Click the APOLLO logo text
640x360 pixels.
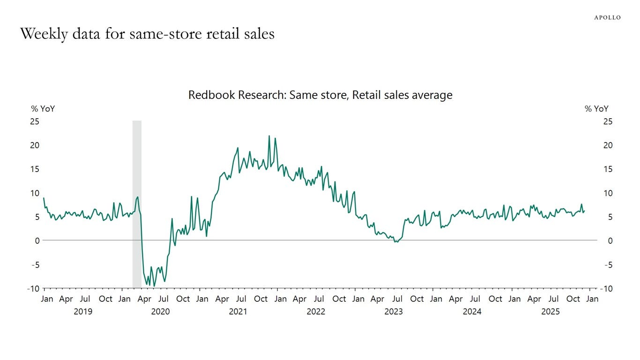[607, 18]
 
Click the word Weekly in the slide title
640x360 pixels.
[44, 34]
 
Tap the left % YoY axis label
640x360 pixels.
[43, 109]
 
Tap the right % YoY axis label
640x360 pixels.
[596, 109]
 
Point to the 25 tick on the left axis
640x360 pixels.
[35, 121]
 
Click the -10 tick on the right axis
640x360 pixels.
[606, 289]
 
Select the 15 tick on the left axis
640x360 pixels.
[35, 169]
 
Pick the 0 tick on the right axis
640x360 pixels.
[610, 241]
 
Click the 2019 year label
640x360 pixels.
[83, 311]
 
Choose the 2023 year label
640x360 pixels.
[394, 311]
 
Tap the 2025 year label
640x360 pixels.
[551, 311]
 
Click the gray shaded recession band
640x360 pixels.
[137, 204]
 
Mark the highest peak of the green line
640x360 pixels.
[269, 136]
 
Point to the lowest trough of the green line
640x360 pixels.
[154, 286]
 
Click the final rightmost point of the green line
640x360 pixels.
[585, 211]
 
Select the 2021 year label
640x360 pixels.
[238, 311]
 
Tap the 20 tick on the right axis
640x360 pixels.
[608, 145]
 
